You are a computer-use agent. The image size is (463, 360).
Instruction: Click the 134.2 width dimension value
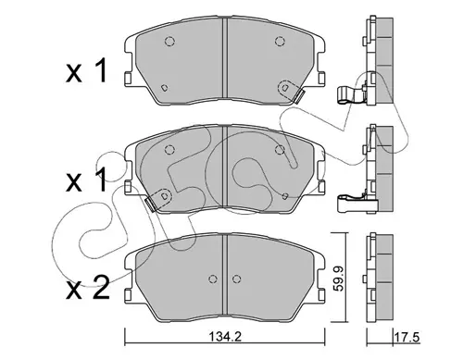[225, 337]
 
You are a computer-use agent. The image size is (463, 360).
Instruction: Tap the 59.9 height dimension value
[340, 278]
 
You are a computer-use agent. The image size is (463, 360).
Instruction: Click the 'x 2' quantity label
[88, 288]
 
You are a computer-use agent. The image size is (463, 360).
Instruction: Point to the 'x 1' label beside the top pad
[86, 71]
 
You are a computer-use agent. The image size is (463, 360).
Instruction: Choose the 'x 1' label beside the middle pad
[86, 180]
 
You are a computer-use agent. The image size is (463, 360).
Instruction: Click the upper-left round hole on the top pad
[169, 41]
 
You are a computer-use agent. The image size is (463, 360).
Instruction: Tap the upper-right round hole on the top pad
[280, 41]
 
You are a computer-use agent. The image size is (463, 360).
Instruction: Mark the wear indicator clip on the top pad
[298, 96]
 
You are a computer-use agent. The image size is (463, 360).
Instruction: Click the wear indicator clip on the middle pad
[151, 205]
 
